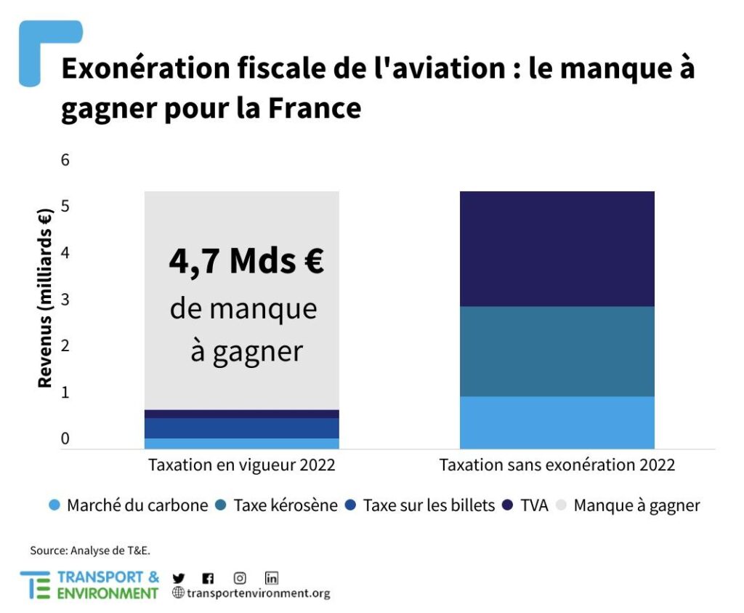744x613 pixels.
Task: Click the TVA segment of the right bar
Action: tap(557, 249)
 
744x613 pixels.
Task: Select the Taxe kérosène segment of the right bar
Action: tap(557, 351)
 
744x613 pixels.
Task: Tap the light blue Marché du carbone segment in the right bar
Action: tap(557, 422)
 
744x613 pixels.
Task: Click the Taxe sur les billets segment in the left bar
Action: tap(241, 428)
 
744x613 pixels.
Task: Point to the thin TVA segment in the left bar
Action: tap(241, 414)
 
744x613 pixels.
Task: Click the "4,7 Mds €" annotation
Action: tap(246, 262)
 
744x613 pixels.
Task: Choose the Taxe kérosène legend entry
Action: tap(278, 505)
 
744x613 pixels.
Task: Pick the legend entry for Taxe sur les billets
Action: tap(421, 505)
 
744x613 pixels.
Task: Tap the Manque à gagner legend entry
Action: tap(629, 505)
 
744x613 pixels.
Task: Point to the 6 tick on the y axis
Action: tap(65, 160)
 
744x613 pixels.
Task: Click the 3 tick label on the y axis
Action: tap(65, 300)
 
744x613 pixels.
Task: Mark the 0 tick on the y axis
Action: tap(65, 439)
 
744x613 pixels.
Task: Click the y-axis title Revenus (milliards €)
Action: tap(45, 298)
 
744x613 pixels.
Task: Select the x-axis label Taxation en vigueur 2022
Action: tap(242, 465)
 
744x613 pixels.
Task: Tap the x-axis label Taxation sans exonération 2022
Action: tap(557, 465)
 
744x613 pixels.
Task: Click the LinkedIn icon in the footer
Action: tap(272, 578)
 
